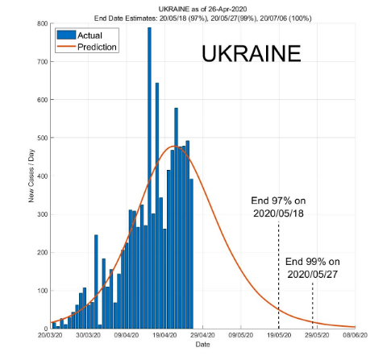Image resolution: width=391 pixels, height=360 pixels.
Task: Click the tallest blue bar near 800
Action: tap(149, 177)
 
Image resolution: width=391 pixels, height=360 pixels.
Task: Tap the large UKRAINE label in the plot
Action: tap(251, 54)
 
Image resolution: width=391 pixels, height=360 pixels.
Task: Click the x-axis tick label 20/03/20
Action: tap(48, 336)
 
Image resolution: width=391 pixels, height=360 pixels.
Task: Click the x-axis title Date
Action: tap(203, 345)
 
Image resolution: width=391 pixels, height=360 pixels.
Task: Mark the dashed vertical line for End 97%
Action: tap(279, 274)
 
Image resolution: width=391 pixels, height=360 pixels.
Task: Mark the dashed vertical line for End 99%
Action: tap(314, 306)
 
